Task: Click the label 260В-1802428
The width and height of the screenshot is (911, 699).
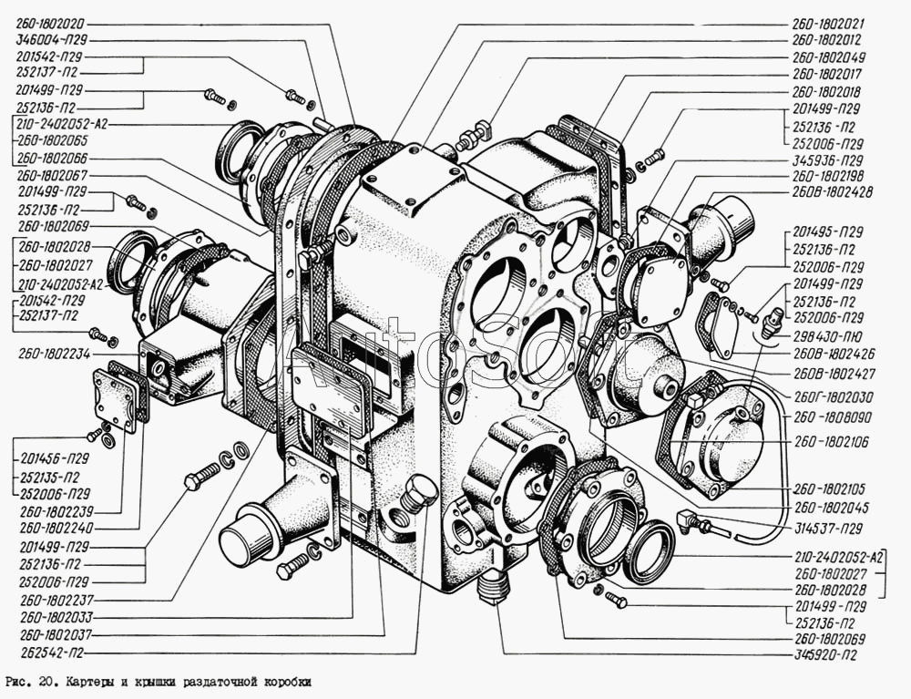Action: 832,192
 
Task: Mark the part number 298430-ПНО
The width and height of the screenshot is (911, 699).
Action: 827,334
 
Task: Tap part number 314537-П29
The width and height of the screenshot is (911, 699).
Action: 828,529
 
